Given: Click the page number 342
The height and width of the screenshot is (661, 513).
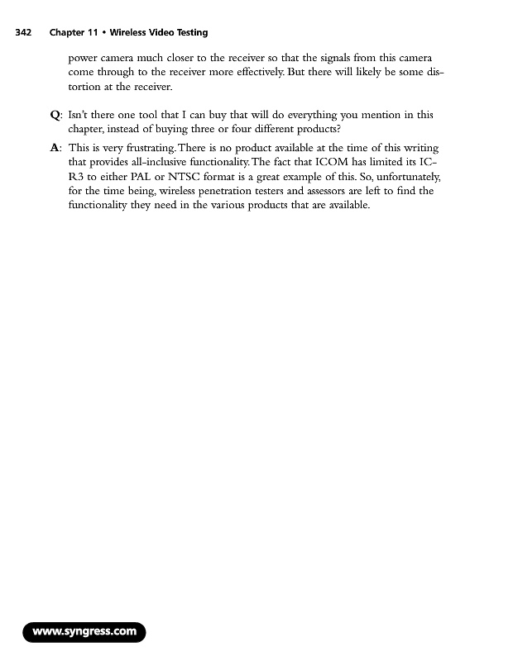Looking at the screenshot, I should pyautogui.click(x=23, y=33).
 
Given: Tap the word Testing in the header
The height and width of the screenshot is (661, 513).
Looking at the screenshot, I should pyautogui.click(x=188, y=33).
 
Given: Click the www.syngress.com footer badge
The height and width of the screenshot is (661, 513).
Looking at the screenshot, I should pyautogui.click(x=84, y=633).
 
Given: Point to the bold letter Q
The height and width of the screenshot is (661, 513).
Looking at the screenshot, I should pyautogui.click(x=55, y=115).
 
